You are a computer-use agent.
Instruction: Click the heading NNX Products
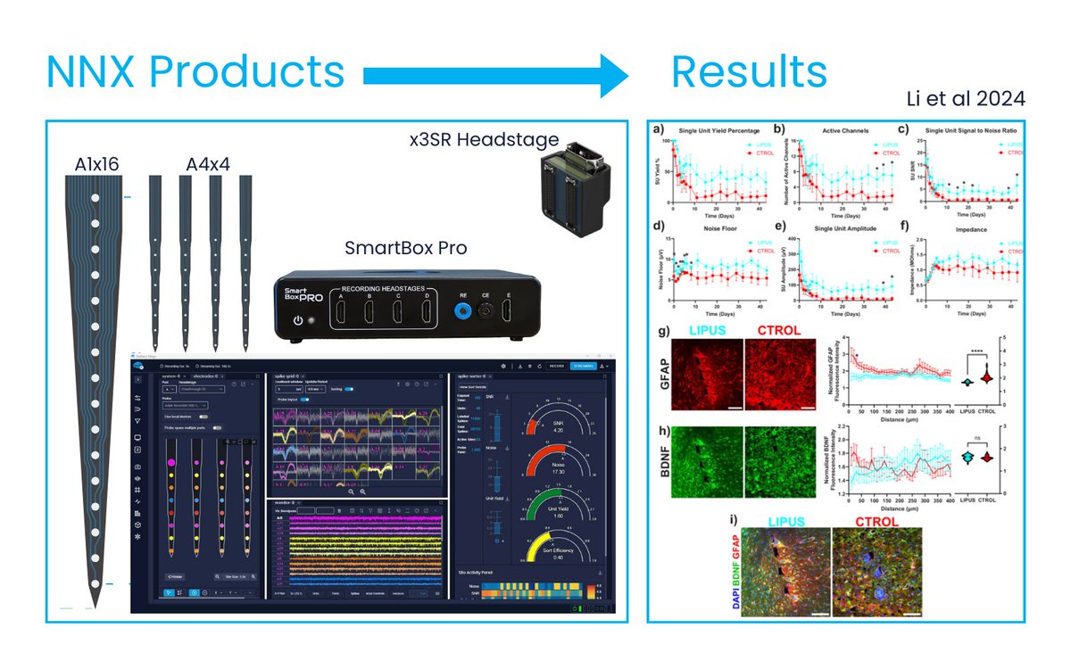195,72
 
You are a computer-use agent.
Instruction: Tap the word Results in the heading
749,72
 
